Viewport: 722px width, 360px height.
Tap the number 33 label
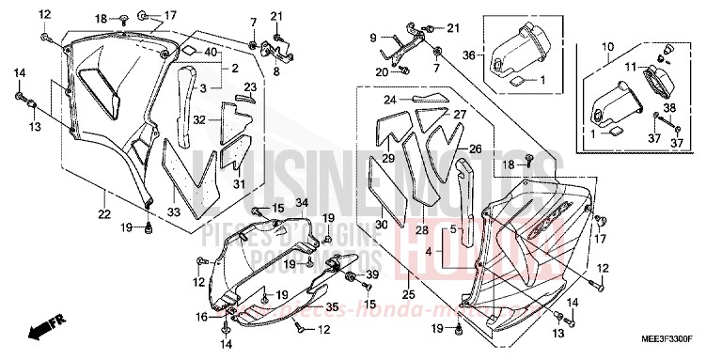[175, 213]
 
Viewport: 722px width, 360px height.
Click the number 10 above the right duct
[606, 46]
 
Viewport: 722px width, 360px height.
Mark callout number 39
[371, 274]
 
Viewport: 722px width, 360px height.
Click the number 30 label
[381, 225]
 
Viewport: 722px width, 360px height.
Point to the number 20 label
[382, 71]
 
